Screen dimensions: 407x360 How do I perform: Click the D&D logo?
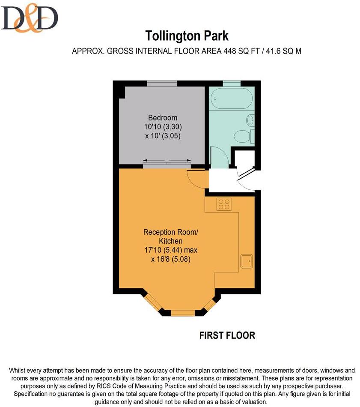[30, 19]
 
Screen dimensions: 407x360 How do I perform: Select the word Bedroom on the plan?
[163, 118]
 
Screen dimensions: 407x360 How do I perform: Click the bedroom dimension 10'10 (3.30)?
[163, 127]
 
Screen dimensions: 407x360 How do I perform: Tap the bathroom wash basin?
[250, 120]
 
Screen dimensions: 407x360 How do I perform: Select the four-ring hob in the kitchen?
[223, 204]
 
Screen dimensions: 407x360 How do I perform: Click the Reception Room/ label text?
[171, 232]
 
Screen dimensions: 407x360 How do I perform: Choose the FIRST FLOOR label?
[227, 335]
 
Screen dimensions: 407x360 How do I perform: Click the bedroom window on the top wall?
[162, 83]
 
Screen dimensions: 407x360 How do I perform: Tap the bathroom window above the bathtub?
[231, 83]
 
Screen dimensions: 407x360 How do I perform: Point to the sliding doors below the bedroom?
[167, 162]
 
